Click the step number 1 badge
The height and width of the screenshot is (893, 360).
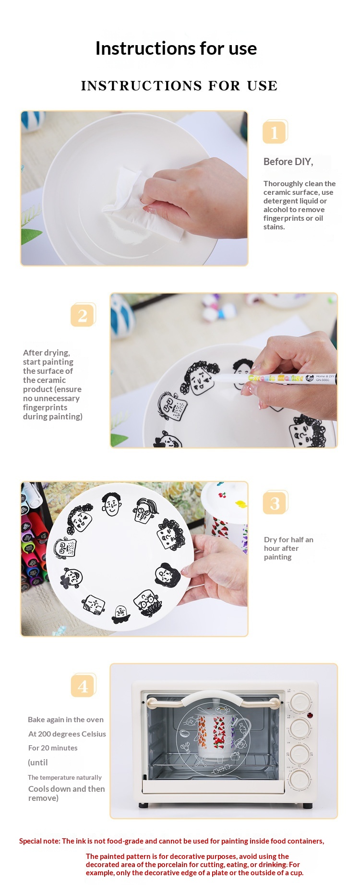tap(275, 131)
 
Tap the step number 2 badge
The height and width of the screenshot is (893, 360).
tap(83, 315)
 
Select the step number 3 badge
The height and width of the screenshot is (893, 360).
tap(275, 502)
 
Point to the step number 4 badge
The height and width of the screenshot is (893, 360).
tap(83, 685)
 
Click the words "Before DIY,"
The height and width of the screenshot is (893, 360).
tap(288, 162)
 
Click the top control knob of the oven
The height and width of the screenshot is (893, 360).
tap(300, 702)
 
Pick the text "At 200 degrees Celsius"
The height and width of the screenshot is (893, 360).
tap(67, 734)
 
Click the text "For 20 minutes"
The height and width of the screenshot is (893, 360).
tap(53, 748)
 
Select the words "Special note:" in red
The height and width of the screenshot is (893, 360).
tap(40, 841)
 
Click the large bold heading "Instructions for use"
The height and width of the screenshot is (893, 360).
tap(176, 48)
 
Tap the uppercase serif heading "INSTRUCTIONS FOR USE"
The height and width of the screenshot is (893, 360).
tap(180, 85)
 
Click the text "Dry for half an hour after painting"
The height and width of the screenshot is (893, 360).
tap(288, 548)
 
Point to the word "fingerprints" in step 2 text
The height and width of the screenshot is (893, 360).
tap(45, 407)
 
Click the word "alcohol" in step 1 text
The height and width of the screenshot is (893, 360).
tap(275, 210)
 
